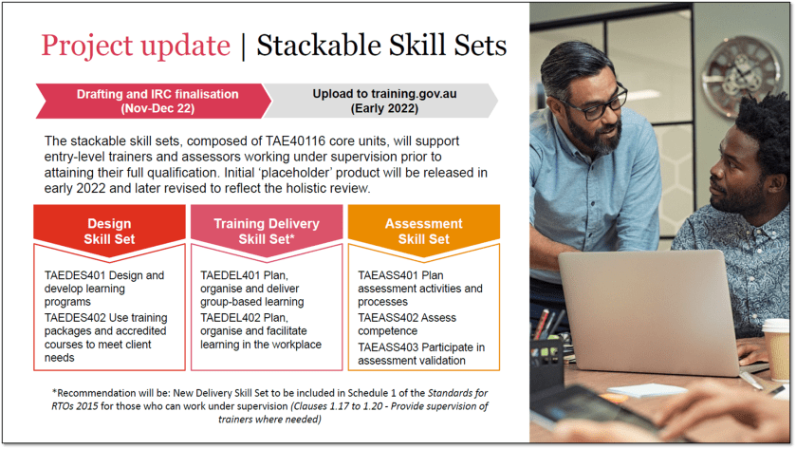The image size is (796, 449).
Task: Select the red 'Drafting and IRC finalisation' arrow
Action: tap(150, 101)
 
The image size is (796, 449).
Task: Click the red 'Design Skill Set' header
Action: tap(110, 231)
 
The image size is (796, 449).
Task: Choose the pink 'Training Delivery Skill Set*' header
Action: tap(267, 231)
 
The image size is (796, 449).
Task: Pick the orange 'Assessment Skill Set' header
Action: tap(423, 231)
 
